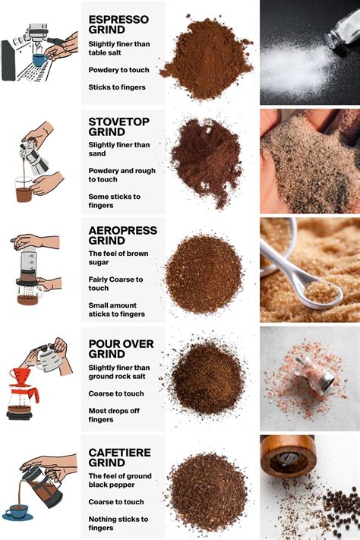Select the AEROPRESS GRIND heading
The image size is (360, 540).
click(122, 235)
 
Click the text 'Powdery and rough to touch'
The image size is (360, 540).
click(122, 175)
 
